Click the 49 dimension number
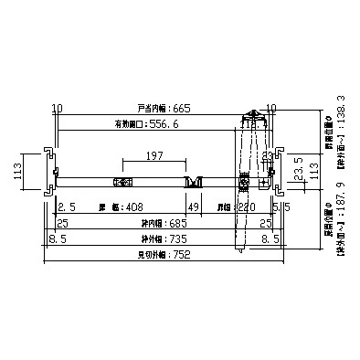[193, 207]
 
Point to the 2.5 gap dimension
[66, 207]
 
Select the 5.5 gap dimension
[282, 207]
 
